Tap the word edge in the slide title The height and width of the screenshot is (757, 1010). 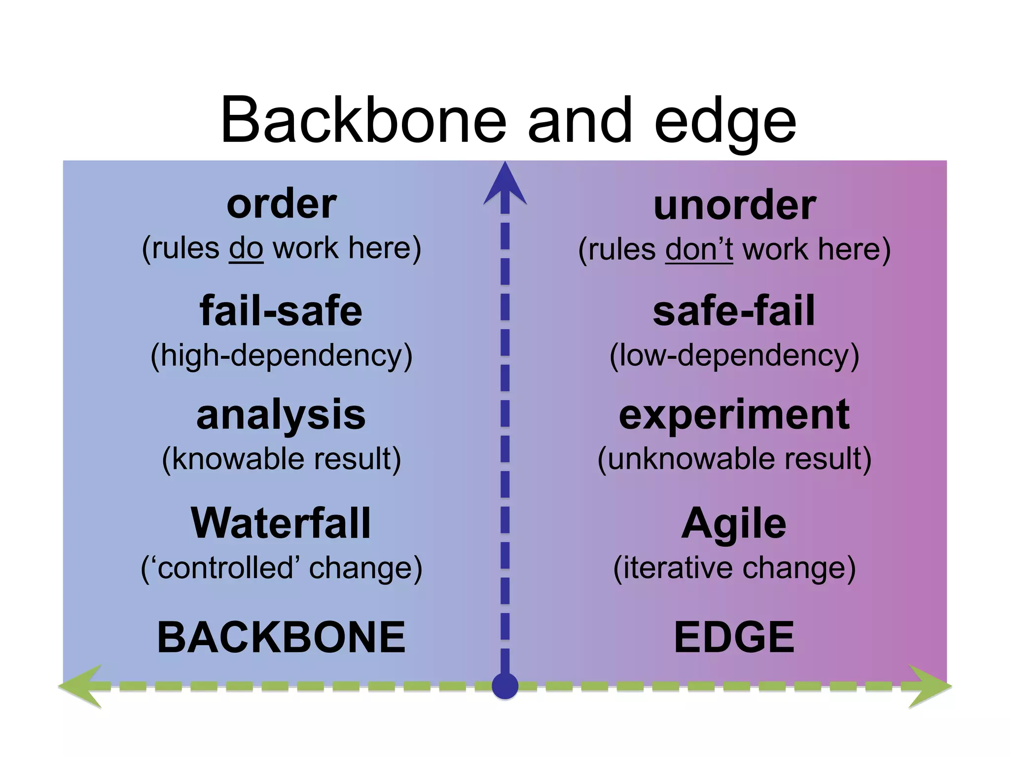(x=725, y=123)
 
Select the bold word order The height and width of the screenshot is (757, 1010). (x=282, y=204)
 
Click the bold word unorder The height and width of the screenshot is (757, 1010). (x=735, y=206)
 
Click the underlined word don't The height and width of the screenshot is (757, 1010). (x=699, y=249)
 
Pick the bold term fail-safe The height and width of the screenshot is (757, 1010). (x=281, y=311)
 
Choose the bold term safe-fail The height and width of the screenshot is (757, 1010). (x=734, y=311)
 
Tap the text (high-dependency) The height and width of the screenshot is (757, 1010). (x=282, y=356)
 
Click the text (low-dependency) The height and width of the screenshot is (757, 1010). (x=734, y=356)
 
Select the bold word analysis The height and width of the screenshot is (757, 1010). (x=281, y=415)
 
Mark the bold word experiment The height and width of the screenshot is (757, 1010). (x=734, y=415)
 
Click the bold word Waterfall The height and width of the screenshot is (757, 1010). (x=281, y=523)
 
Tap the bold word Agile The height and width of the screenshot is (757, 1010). (x=734, y=523)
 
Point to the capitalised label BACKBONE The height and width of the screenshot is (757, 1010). (x=282, y=637)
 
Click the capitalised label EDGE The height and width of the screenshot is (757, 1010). (x=734, y=637)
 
